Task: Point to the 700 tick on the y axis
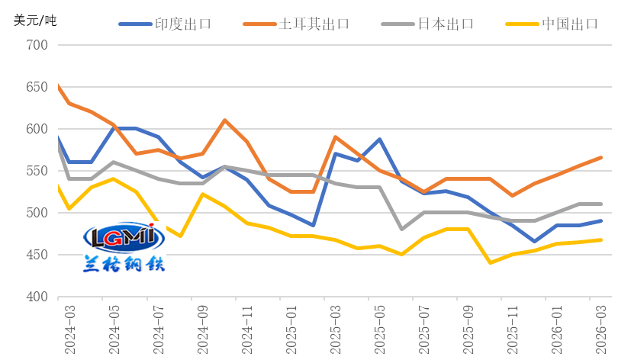pyautogui.click(x=37, y=45)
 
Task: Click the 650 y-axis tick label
pyautogui.click(x=37, y=87)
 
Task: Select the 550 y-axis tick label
pyautogui.click(x=37, y=171)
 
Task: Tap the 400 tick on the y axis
pyautogui.click(x=37, y=297)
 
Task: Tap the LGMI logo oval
pyautogui.click(x=124, y=237)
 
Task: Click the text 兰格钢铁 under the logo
pyautogui.click(x=124, y=264)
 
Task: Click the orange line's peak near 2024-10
pyautogui.click(x=224, y=120)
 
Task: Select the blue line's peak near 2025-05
pyautogui.click(x=379, y=140)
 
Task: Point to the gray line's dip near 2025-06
pyautogui.click(x=401, y=229)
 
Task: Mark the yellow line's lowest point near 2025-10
pyautogui.click(x=490, y=262)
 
